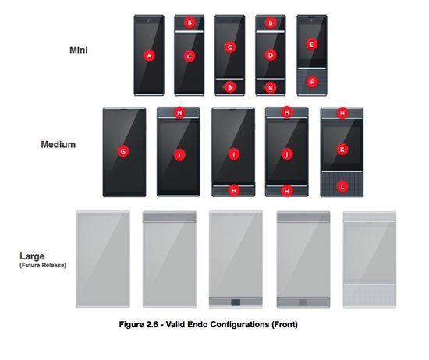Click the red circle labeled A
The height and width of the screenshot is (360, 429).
149,56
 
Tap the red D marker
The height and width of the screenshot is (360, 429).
271,55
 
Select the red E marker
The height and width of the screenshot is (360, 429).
312,44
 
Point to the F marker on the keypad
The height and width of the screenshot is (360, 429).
312,82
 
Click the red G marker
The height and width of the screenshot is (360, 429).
123,151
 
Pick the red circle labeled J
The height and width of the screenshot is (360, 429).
287,154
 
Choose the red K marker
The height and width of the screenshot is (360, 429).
342,150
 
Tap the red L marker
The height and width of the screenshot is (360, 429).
342,187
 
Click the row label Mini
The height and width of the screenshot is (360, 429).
79,50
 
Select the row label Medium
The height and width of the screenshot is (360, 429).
58,144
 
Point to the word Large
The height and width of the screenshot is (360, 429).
32,256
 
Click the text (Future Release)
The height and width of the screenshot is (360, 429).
43,265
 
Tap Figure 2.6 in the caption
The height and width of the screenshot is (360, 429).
138,324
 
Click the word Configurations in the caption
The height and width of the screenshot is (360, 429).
239,324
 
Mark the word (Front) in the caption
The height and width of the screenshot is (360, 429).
285,324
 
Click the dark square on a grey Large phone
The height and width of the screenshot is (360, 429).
236,302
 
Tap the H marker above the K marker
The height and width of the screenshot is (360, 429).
342,113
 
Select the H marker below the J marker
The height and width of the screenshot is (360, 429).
287,191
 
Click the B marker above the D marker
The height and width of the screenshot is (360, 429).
271,23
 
